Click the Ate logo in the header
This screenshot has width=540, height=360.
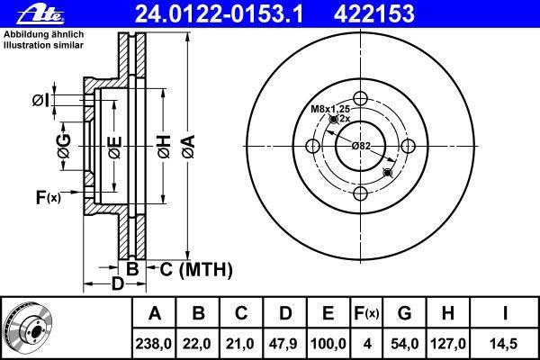[x=40, y=13]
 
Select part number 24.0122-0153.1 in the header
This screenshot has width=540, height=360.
[x=219, y=14]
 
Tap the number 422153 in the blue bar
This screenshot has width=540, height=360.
[x=374, y=14]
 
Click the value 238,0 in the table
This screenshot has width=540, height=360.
[x=154, y=344]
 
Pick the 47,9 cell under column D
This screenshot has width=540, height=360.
[x=284, y=344]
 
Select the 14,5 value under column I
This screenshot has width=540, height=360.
[x=504, y=344]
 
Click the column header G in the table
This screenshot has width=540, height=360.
[x=404, y=313]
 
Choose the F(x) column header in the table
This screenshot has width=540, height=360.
[x=366, y=313]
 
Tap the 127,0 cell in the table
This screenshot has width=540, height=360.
[x=447, y=344]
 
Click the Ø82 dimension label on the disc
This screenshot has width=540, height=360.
[x=361, y=146]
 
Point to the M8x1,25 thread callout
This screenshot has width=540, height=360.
[x=330, y=109]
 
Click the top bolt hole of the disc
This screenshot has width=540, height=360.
[x=360, y=98]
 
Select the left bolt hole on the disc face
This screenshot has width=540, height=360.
[x=312, y=146]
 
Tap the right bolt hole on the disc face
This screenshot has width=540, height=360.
[x=408, y=146]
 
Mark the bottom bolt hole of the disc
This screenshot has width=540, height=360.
[x=360, y=193]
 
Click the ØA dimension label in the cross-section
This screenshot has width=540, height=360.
[x=189, y=147]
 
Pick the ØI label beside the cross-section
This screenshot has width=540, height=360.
[x=40, y=100]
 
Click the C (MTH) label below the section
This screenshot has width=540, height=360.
[x=196, y=269]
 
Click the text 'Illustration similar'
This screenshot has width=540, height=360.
[x=44, y=45]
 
